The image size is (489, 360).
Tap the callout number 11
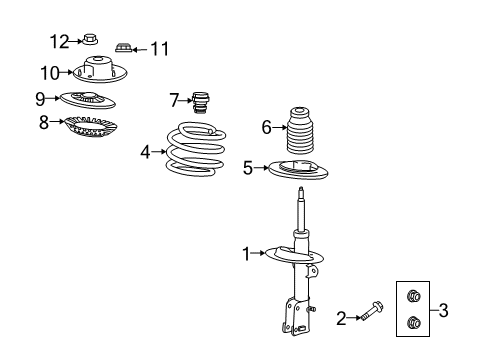click(x=160, y=47)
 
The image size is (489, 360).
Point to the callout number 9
click(x=40, y=98)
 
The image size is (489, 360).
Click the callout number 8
click(x=44, y=124)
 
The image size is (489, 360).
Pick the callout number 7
click(x=175, y=99)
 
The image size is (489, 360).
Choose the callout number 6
click(x=267, y=126)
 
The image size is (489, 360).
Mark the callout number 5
click(x=248, y=168)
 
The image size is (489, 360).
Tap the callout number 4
click(x=145, y=152)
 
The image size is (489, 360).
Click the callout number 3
click(x=443, y=310)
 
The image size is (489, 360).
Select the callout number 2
click(x=341, y=318)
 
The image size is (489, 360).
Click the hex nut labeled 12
click(x=90, y=41)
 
